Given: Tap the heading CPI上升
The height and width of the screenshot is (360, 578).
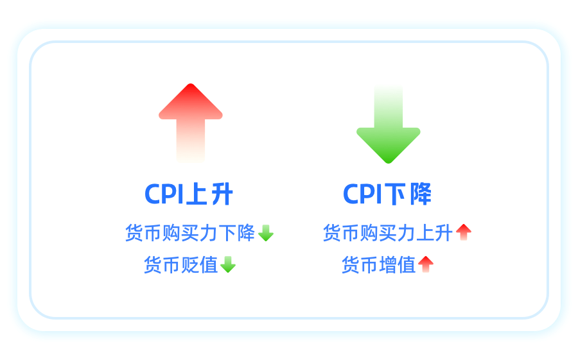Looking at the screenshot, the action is pos(189,194).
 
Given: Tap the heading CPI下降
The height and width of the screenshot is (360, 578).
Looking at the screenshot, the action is pos(387,194).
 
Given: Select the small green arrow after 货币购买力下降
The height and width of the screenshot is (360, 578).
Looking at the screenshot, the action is pos(266,233).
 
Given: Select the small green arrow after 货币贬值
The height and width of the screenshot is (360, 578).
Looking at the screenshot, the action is pos(228,264).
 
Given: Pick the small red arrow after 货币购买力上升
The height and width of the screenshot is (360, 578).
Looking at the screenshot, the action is pos(464,232).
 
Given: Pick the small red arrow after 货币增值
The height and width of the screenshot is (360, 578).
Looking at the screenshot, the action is pos(426,264).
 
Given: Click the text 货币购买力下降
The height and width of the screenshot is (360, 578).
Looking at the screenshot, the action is pos(190,233).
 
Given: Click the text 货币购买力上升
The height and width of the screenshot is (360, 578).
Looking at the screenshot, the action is pos(388,233).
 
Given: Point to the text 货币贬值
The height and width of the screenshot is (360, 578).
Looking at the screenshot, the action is pos(181,265).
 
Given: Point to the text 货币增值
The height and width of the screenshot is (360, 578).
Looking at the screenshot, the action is pos(379,265).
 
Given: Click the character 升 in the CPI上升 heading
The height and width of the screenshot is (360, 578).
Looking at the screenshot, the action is pos(222,194).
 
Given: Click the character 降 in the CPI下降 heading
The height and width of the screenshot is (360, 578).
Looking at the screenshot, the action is pos(421,194).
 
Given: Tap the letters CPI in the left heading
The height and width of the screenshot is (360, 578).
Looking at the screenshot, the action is pos(164,194).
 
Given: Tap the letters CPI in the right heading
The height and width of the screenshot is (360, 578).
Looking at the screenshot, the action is pos(362,194).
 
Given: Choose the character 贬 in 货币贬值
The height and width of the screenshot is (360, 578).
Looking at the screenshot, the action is pos(190,265).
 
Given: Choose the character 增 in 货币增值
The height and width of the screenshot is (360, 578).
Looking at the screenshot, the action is pos(388,265).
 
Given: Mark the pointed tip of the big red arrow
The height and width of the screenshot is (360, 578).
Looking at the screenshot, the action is pos(191,84).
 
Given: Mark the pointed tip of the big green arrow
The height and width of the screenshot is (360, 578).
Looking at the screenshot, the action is pos(389,163).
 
